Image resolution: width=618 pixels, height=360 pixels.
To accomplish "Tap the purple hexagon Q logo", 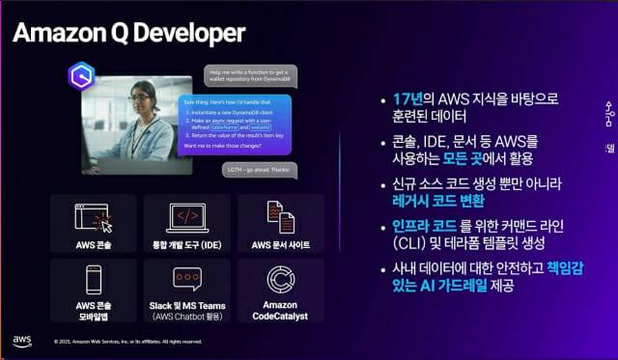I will click(83, 75).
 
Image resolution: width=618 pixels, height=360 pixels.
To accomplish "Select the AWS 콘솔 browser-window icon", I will click(93, 216).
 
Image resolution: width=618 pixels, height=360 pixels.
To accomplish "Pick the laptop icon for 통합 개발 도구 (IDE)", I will click(187, 216).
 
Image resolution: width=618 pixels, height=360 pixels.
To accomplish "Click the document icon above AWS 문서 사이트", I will click(280, 216).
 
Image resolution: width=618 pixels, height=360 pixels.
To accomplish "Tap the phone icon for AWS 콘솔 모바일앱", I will click(93, 281).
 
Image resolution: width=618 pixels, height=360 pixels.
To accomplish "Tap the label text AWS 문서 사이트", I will click(280, 244).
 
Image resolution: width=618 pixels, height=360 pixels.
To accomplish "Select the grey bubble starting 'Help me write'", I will click(250, 75).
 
